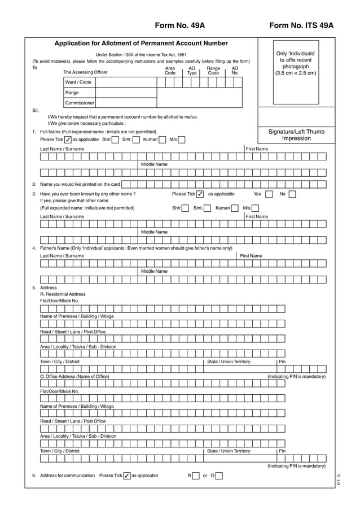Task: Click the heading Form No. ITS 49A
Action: [x=301, y=25]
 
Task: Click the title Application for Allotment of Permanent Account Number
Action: [x=141, y=43]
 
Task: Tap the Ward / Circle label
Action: [x=78, y=82]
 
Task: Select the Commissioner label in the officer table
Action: [x=79, y=103]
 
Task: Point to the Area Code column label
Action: [x=170, y=71]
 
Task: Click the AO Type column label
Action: [x=192, y=71]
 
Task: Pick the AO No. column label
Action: [x=235, y=71]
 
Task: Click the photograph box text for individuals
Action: [x=296, y=63]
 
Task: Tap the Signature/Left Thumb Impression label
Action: [x=296, y=135]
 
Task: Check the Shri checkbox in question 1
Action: [x=115, y=140]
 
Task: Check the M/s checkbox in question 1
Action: [x=182, y=140]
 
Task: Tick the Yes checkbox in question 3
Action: [x=269, y=194]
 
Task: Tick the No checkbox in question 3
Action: [x=292, y=194]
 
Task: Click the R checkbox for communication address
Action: [x=196, y=476]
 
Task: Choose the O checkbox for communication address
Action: [x=219, y=476]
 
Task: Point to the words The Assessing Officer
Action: [x=85, y=72]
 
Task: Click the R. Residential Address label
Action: [x=63, y=294]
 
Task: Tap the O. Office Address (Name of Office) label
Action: [x=74, y=376]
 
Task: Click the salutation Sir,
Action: [x=36, y=111]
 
